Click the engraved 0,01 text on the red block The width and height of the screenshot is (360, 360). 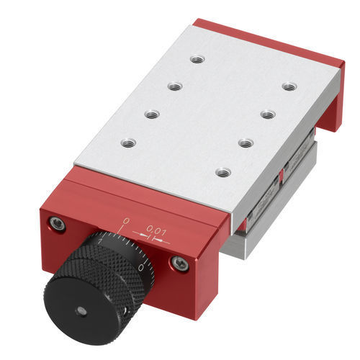coord(156,230)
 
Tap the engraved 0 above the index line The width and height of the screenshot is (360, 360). coord(127,220)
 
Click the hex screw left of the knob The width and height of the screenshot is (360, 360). coord(58,225)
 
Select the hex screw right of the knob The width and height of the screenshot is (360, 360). coord(181,264)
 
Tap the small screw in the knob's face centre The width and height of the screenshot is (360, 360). coord(81,311)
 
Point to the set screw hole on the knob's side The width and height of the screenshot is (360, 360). coord(127,310)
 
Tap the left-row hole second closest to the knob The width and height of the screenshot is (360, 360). coord(151,114)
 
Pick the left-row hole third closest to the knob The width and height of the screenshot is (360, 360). coord(175,86)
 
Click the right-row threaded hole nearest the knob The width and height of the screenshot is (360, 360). coord(223,172)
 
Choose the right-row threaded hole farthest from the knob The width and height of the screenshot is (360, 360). coord(289,86)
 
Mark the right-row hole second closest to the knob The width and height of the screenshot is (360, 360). coord(246,143)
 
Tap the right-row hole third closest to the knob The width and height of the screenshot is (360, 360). coord(267,114)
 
